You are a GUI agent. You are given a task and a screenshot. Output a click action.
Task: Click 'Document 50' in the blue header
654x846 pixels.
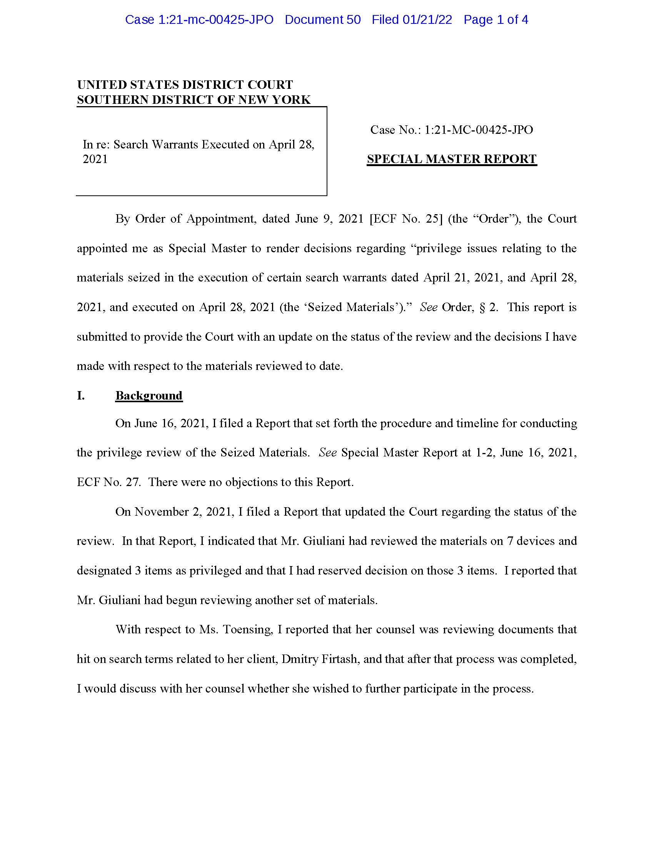322,20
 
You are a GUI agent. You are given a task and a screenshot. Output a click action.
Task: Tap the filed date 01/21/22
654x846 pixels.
427,20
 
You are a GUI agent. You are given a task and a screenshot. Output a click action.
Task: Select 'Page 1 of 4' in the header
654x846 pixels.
496,20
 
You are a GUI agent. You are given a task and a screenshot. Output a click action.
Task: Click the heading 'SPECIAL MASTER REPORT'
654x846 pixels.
451,159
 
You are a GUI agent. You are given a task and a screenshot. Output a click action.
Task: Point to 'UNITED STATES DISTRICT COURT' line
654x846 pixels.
185,85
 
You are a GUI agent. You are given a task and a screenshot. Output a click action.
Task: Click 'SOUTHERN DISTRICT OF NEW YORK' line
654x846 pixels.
194,100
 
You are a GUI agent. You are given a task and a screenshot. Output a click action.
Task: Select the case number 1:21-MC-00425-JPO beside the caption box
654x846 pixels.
479,130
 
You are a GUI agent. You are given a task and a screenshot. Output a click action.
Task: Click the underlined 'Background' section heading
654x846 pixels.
149,395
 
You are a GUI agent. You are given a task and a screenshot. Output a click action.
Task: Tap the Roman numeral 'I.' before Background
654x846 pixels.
80,395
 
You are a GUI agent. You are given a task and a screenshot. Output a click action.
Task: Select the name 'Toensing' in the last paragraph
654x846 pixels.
235,630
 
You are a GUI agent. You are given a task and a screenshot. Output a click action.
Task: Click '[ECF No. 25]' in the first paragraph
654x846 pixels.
406,219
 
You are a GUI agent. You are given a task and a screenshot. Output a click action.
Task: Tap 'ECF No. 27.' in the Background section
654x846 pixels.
109,482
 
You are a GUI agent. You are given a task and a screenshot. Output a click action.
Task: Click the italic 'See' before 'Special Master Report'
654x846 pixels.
327,453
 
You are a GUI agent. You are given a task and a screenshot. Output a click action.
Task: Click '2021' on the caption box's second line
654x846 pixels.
95,159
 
